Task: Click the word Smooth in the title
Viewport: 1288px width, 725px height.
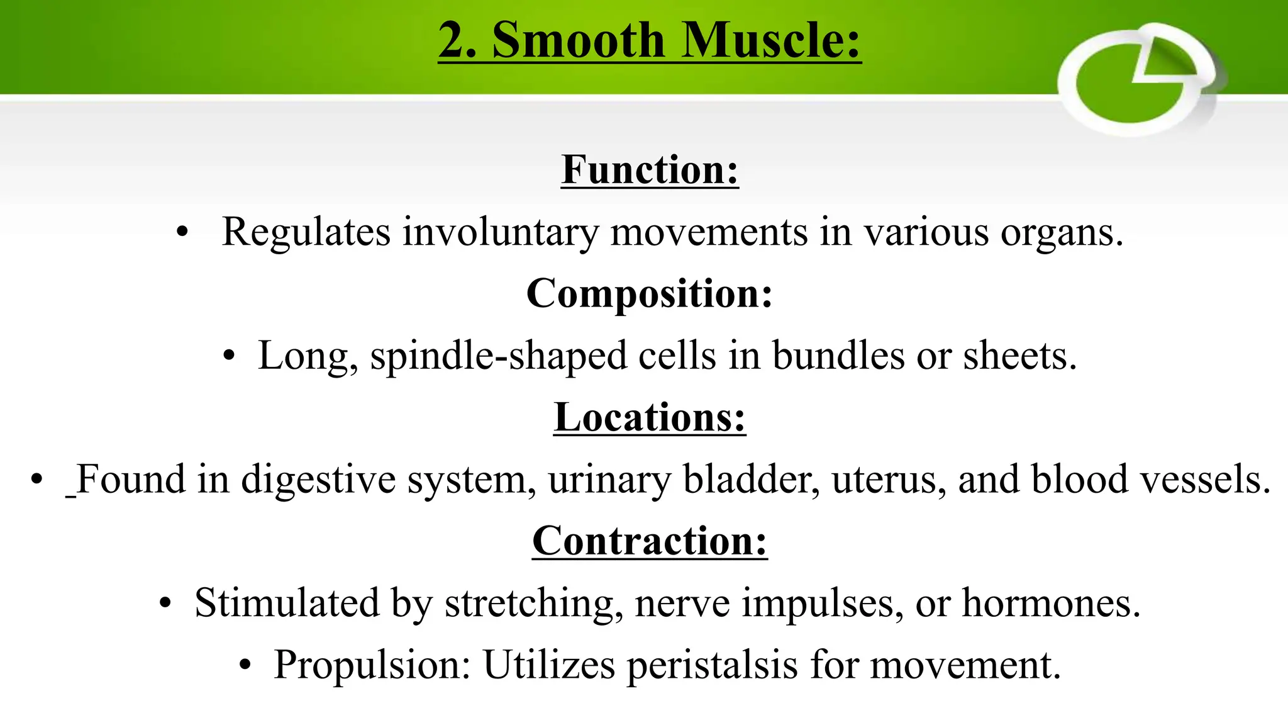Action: (x=578, y=40)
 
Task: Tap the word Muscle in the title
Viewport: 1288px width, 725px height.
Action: (x=771, y=40)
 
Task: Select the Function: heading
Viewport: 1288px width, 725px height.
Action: (x=650, y=169)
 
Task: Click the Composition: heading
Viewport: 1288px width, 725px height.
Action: (x=650, y=293)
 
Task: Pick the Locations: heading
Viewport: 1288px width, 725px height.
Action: (x=650, y=417)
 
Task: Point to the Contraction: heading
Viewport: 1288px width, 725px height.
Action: (x=650, y=541)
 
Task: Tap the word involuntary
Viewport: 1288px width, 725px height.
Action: (x=501, y=232)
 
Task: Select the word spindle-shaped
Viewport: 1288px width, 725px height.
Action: (x=499, y=356)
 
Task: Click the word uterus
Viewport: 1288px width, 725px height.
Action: (x=889, y=480)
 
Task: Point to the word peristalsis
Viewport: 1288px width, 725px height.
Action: (x=713, y=665)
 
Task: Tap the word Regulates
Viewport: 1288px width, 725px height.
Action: (x=306, y=232)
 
